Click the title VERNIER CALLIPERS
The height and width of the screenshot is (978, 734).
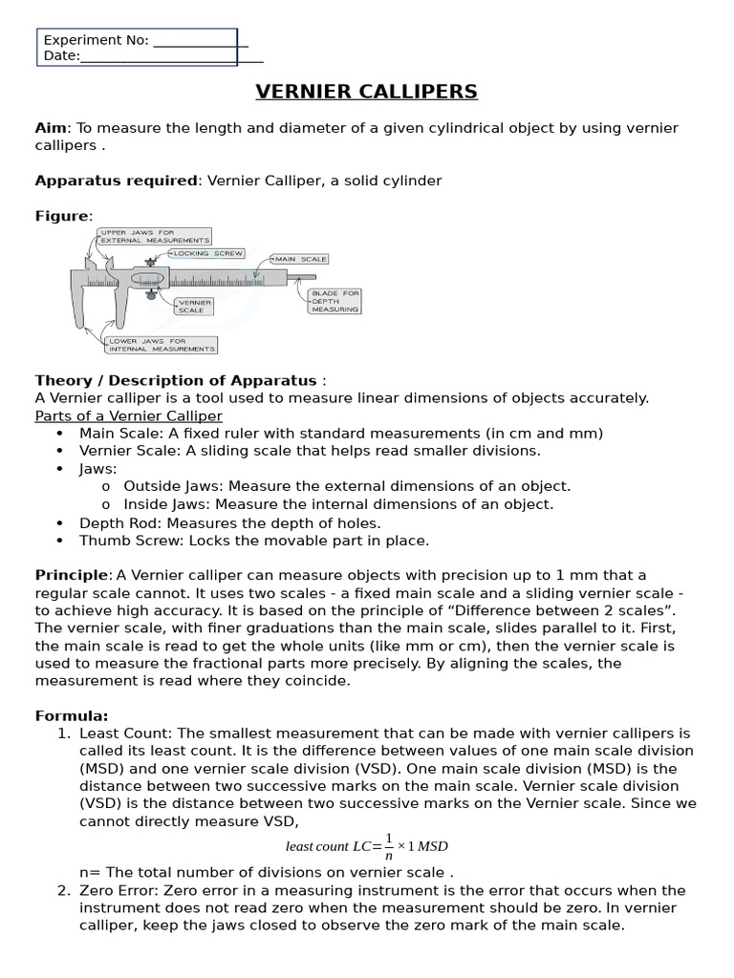click(366, 92)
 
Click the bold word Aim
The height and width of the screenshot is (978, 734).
click(50, 128)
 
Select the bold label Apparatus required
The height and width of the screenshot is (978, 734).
click(117, 181)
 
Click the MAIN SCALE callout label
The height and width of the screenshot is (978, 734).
click(300, 259)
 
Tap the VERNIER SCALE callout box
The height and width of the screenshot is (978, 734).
click(194, 307)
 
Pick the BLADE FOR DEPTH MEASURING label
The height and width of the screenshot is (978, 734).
click(335, 302)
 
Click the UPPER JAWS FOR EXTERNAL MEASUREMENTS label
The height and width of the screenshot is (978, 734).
click(154, 236)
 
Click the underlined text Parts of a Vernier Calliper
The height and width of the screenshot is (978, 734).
click(128, 415)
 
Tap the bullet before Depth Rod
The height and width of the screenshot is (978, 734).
click(60, 523)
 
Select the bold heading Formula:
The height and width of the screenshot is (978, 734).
click(72, 715)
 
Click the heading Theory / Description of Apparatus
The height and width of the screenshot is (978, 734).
click(175, 380)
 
